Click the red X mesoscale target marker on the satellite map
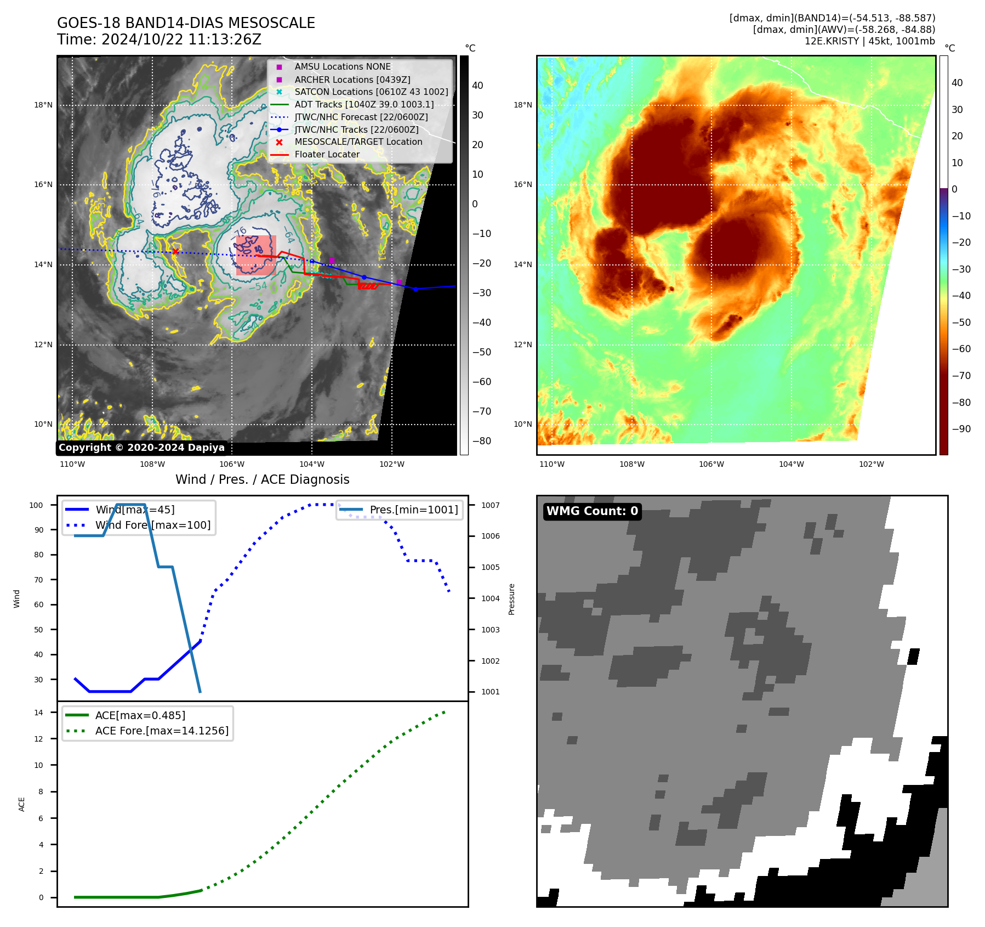[175, 251]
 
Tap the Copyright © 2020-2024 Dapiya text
[141, 448]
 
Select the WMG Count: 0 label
[592, 511]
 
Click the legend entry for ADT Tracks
[364, 104]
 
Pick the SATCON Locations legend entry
[371, 92]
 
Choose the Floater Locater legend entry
[327, 154]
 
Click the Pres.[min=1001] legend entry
[413, 510]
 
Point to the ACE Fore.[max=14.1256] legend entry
[162, 731]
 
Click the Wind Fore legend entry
[152, 525]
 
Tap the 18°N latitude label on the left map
[43, 105]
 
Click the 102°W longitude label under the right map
[871, 464]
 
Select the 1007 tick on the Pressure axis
[491, 505]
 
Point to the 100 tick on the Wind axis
[36, 505]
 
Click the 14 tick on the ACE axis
[38, 713]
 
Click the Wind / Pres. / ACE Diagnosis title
[262, 479]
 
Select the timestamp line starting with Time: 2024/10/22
[159, 39]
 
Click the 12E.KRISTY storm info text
[869, 41]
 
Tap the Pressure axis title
[511, 599]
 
